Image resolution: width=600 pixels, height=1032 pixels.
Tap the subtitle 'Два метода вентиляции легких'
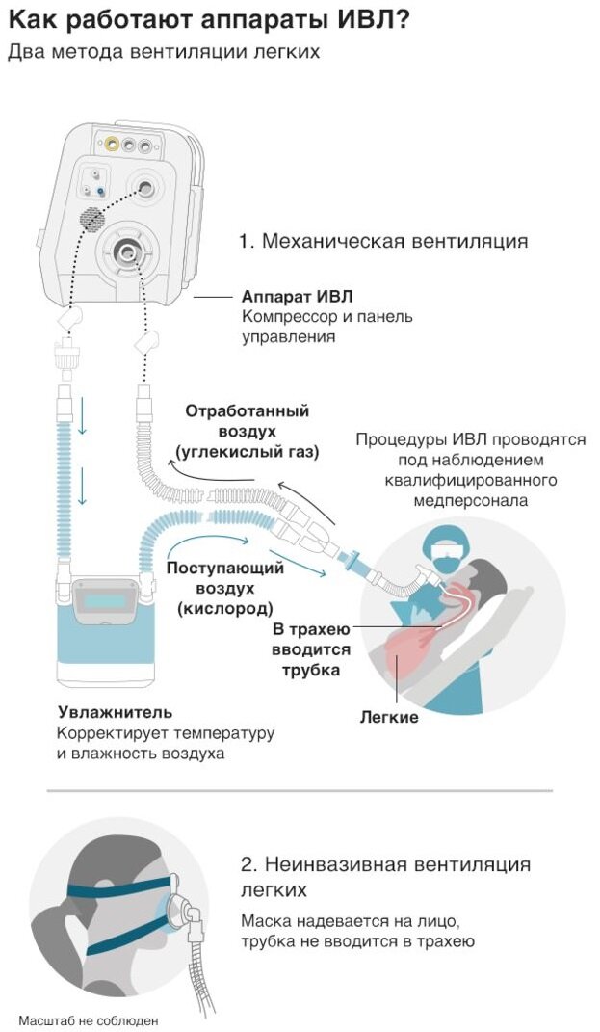tap(164, 52)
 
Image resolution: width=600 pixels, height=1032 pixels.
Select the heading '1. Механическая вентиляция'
tap(383, 241)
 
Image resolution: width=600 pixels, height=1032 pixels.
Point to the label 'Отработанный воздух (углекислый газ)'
tap(248, 430)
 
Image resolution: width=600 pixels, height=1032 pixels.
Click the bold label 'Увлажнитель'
tap(115, 712)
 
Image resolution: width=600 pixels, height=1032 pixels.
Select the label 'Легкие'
tap(389, 717)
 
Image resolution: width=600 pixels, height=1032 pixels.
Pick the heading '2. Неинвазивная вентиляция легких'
tap(385, 875)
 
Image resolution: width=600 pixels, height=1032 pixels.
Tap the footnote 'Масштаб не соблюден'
tap(88, 1019)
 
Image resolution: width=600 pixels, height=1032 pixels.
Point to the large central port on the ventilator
tap(126, 251)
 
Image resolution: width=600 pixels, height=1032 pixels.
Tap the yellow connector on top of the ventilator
tap(114, 145)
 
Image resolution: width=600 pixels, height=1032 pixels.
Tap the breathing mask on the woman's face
tap(177, 905)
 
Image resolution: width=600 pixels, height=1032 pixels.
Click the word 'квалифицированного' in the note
tap(470, 481)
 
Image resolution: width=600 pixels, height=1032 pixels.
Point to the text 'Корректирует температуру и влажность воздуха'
tap(165, 743)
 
